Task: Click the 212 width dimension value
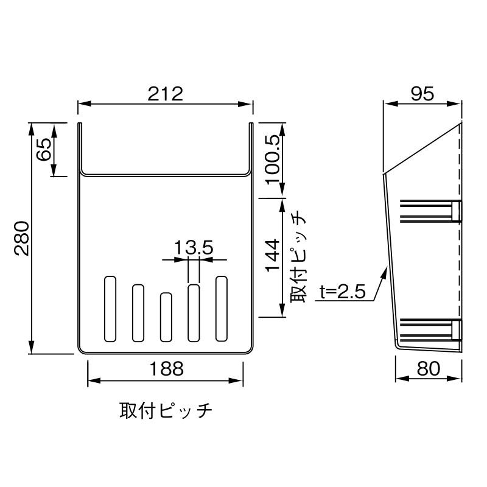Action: pyautogui.click(x=165, y=94)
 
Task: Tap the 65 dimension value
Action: pyautogui.click(x=44, y=150)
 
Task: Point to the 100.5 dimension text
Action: pyautogui.click(x=272, y=161)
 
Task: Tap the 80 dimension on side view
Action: pyautogui.click(x=429, y=368)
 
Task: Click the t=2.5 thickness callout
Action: pyautogui.click(x=342, y=292)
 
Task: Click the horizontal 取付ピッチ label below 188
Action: pyautogui.click(x=166, y=411)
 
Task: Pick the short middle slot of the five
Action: pyautogui.click(x=166, y=317)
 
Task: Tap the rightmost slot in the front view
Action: pyautogui.click(x=222, y=308)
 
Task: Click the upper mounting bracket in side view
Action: pyautogui.click(x=429, y=211)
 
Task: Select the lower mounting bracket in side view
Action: pyautogui.click(x=429, y=329)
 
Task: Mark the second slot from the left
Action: pyautogui.click(x=138, y=312)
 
